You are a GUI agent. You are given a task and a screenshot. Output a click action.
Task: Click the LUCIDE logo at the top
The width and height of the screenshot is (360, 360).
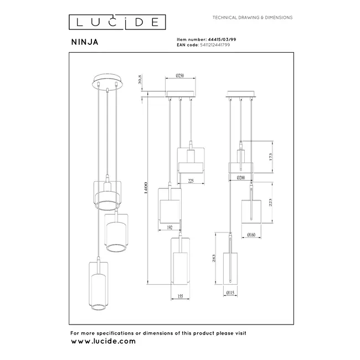117,22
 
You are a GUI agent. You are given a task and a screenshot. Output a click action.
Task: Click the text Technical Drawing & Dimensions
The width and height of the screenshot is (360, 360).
253,18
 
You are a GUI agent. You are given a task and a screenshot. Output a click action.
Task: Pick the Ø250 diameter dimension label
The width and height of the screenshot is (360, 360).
180,75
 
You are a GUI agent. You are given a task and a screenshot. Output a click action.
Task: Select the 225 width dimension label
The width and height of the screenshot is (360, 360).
191,180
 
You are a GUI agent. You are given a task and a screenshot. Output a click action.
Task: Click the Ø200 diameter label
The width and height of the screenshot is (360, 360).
241,178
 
